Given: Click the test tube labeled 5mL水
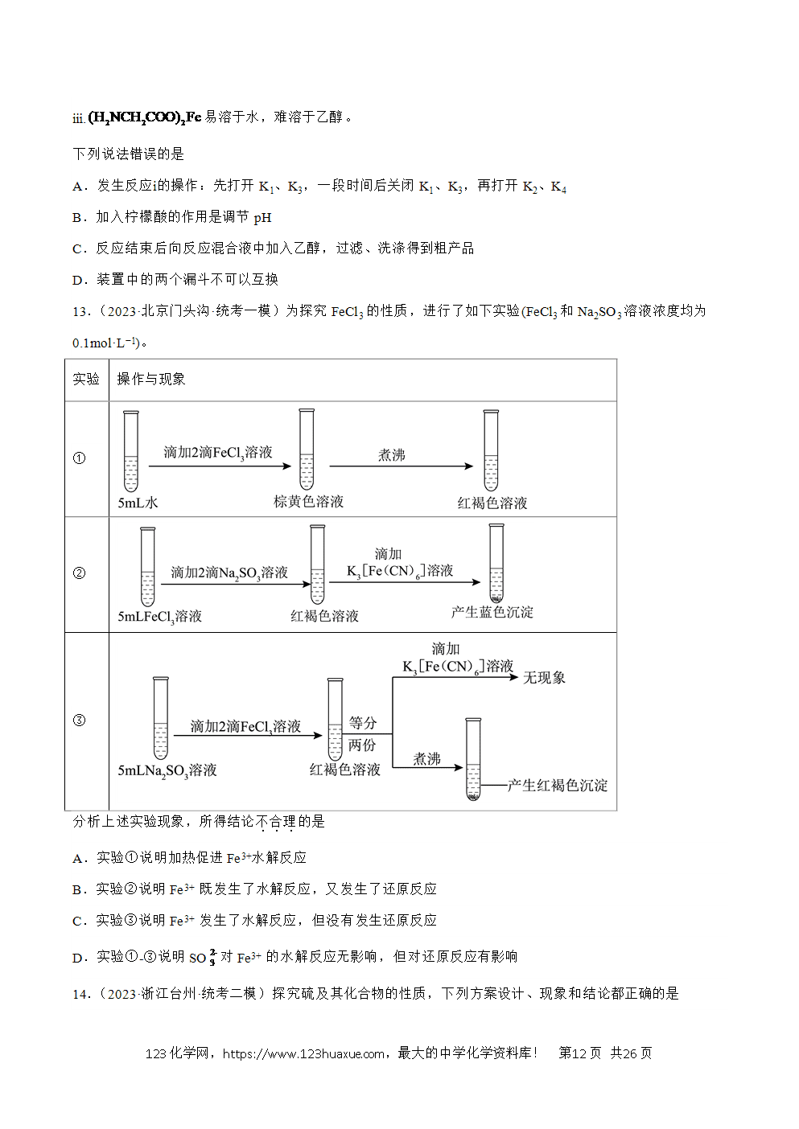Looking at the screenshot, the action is [130, 451].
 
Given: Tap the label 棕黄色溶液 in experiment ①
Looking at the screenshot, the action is [308, 502].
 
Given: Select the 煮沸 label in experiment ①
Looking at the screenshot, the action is [391, 455].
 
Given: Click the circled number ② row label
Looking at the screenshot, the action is [79, 573].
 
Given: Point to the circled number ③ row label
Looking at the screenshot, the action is [79, 721].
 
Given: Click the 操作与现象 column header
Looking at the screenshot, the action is [150, 379].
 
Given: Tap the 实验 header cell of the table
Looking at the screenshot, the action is [86, 379].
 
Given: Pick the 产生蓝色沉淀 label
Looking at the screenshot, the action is [492, 613].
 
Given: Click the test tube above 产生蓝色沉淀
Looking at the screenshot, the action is [496, 564].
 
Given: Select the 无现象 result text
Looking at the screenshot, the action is [544, 678].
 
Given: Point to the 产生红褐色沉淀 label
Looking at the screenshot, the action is [558, 786].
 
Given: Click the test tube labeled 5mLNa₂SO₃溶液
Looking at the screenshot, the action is [161, 718].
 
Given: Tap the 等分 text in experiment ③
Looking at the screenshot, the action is [363, 723].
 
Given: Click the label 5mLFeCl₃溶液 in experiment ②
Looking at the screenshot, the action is [160, 617].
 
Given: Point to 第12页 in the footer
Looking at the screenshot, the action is [580, 1053].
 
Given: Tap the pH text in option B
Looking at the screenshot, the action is [262, 218].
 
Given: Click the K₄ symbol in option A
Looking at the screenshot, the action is [558, 187].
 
